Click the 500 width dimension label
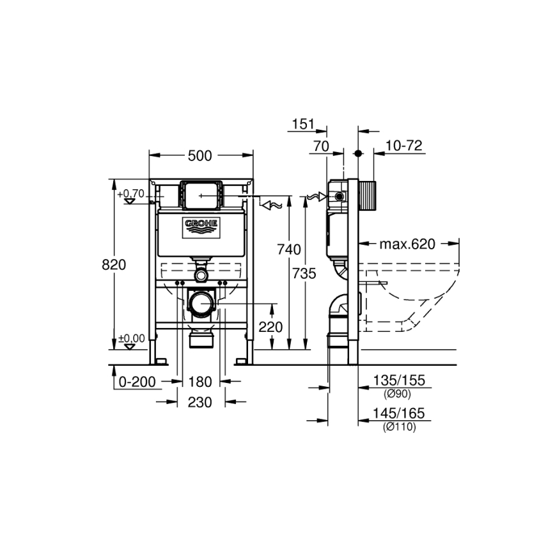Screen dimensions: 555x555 coord(201,155)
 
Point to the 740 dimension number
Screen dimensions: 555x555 coord(288,250)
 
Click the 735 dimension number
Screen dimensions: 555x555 coord(304,273)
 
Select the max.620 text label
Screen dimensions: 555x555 coord(407,244)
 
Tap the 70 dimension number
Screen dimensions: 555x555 coord(320,146)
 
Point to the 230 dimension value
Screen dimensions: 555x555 coord(200,403)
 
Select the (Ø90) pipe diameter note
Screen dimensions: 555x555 coord(398,394)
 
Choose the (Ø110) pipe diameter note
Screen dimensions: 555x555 coord(399,427)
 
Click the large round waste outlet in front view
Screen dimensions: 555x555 coord(202,302)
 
